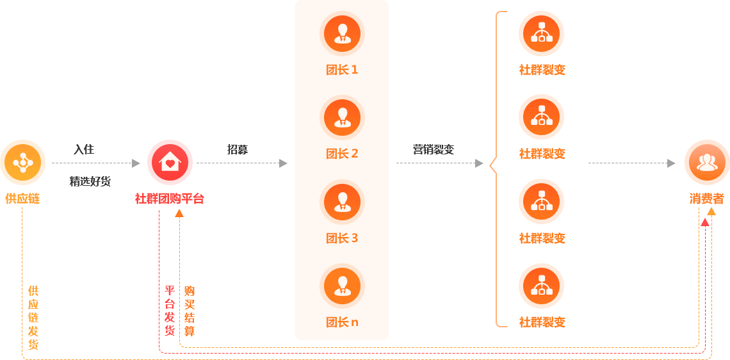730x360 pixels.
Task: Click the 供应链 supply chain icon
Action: click(23, 163)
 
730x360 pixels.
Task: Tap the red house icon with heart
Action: click(170, 163)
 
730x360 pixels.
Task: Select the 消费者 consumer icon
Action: click(707, 163)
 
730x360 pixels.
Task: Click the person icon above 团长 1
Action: click(342, 33)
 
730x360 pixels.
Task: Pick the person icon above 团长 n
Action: click(342, 286)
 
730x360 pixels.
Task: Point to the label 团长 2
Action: click(342, 154)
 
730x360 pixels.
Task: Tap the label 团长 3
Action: click(342, 238)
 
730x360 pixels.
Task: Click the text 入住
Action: click(84, 149)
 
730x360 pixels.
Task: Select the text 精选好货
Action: click(90, 182)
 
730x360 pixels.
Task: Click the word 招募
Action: click(238, 149)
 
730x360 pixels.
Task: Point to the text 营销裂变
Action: click(434, 149)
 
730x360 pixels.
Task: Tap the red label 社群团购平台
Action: click(170, 199)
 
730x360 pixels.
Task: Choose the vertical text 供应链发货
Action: click(33, 318)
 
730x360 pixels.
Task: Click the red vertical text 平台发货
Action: click(170, 311)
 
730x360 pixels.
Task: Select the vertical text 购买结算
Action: click(190, 311)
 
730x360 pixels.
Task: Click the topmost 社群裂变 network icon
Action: click(542, 33)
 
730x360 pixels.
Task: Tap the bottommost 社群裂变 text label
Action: click(542, 322)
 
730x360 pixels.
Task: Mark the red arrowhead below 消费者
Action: click(705, 222)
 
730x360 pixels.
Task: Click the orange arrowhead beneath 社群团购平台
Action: click(179, 213)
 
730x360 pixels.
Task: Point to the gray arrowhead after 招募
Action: click(283, 163)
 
